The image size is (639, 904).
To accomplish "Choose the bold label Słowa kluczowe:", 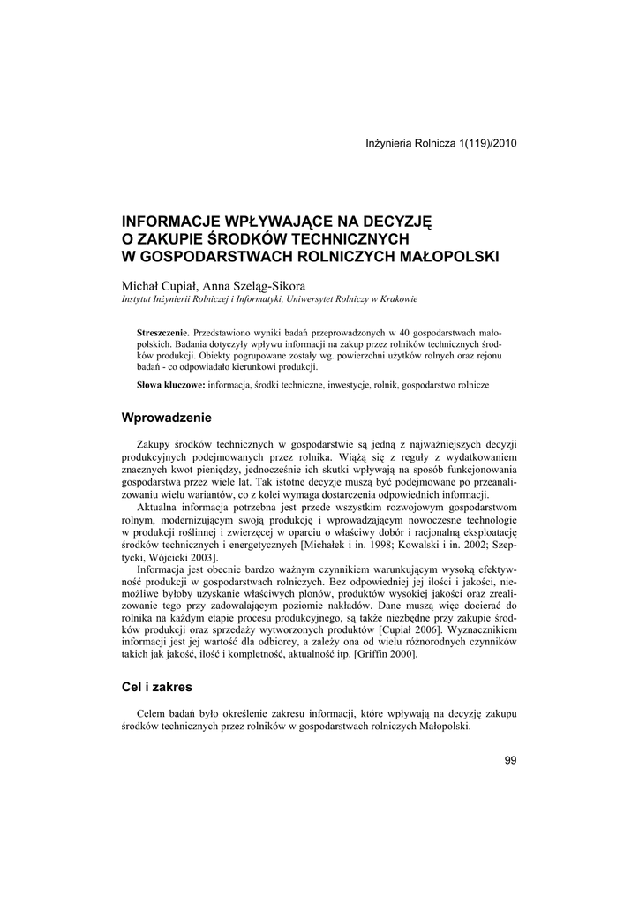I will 171,386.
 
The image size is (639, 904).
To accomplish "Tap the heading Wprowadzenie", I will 167,417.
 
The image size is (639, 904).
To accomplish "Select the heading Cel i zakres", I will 156,685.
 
